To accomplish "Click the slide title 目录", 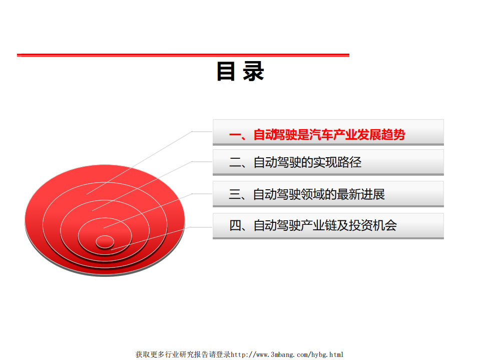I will pyautogui.click(x=240, y=72).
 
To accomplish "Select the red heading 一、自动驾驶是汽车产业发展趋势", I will pyautogui.click(x=317, y=135).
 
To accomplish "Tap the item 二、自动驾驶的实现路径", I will pyautogui.click(x=295, y=162).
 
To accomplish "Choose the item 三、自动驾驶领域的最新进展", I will pyautogui.click(x=307, y=194).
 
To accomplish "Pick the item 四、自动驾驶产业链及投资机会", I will pyautogui.click(x=313, y=225).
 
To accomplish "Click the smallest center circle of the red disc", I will pyautogui.click(x=105, y=241).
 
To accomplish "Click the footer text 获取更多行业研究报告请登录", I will pyautogui.click(x=183, y=354).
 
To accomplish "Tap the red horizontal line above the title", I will pyautogui.click(x=183, y=55).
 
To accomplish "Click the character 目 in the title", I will pyautogui.click(x=226, y=72).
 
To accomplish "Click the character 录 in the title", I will pyautogui.click(x=254, y=72).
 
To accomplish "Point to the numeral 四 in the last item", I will pyautogui.click(x=235, y=225).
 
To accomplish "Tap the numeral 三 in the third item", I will pyautogui.click(x=235, y=194).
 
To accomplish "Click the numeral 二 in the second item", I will pyautogui.click(x=235, y=162).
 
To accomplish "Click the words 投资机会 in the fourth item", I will pyautogui.click(x=373, y=225).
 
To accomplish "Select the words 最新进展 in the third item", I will pyautogui.click(x=361, y=194).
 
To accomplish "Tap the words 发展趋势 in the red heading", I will pyautogui.click(x=381, y=135).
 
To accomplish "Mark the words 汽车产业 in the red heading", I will pyautogui.click(x=333, y=135).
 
